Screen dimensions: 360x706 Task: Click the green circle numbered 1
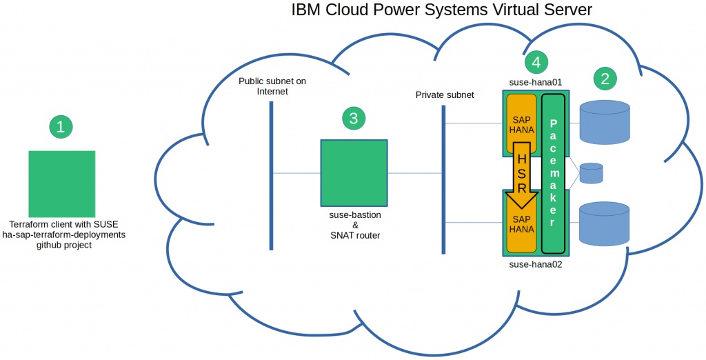pos(61,126)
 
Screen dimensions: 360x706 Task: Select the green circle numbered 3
pos(354,118)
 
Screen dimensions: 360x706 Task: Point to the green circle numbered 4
pos(536,63)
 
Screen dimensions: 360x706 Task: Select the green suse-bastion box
pos(354,173)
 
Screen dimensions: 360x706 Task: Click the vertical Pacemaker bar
pos(554,174)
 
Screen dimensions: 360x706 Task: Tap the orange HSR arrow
pos(522,175)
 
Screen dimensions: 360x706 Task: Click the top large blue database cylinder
pos(605,122)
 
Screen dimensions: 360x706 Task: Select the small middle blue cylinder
pos(591,173)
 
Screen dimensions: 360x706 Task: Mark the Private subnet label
pos(445,94)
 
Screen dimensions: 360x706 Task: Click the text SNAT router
pos(355,235)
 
